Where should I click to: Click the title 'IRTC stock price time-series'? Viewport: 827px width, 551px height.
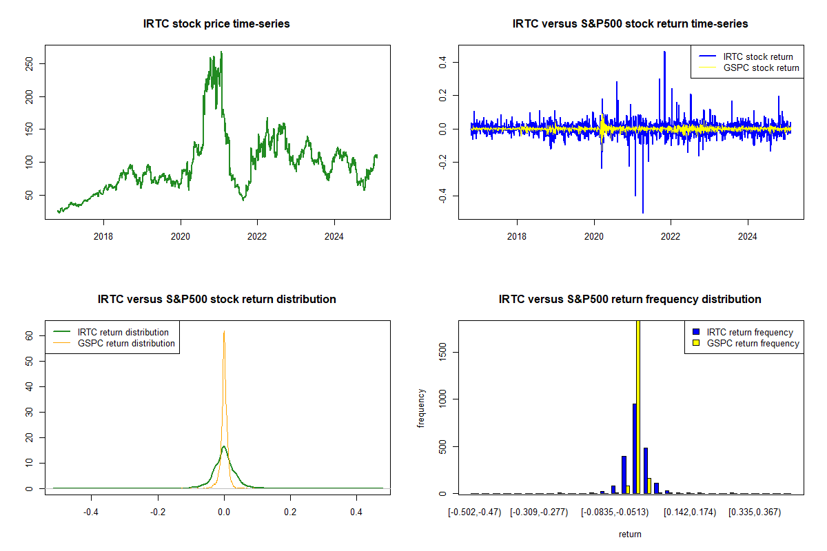[216, 23]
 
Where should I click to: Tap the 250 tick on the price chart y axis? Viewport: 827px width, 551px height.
[29, 64]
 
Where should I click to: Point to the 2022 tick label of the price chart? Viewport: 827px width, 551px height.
[257, 236]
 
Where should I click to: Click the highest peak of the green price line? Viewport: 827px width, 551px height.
[221, 52]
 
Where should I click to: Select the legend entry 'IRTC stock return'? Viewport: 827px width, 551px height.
[746, 56]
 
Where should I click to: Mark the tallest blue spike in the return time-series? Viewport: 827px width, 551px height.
[664, 52]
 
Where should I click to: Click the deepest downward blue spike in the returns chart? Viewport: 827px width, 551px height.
[643, 213]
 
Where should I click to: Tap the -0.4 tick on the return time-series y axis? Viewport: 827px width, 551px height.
[442, 196]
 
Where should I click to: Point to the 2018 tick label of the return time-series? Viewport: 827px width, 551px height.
[516, 236]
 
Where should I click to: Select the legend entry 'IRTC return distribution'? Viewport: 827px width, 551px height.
[111, 332]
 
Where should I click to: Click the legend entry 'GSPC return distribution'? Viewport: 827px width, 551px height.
[114, 343]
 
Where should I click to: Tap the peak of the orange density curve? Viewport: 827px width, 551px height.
[224, 331]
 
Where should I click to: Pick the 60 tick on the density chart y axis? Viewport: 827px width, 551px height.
[29, 335]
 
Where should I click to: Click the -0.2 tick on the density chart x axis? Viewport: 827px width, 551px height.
[158, 512]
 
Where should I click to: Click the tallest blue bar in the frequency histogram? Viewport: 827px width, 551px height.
[634, 449]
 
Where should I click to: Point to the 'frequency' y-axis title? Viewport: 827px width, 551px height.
[421, 408]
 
